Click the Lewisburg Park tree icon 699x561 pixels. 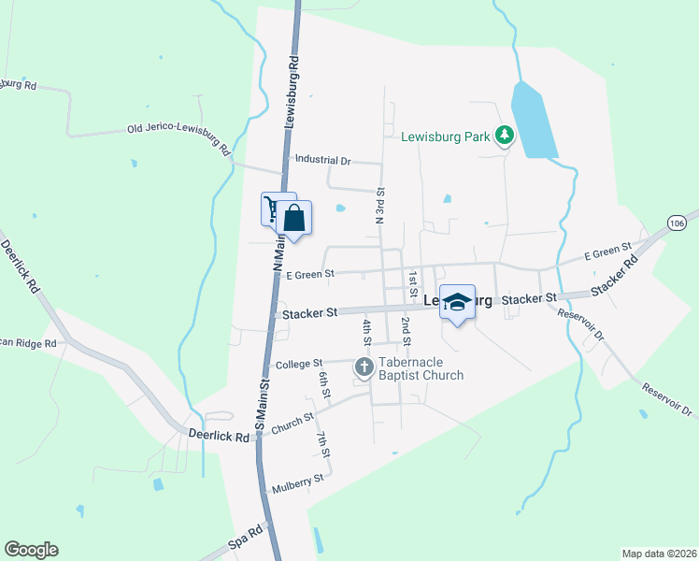505,137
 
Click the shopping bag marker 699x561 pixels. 294,219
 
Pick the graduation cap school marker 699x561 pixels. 457,302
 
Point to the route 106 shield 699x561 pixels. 678,222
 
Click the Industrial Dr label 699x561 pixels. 321,161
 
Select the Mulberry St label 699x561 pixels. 297,482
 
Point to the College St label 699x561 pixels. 298,363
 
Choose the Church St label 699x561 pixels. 292,424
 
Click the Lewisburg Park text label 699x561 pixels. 446,137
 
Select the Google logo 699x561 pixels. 31,550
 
